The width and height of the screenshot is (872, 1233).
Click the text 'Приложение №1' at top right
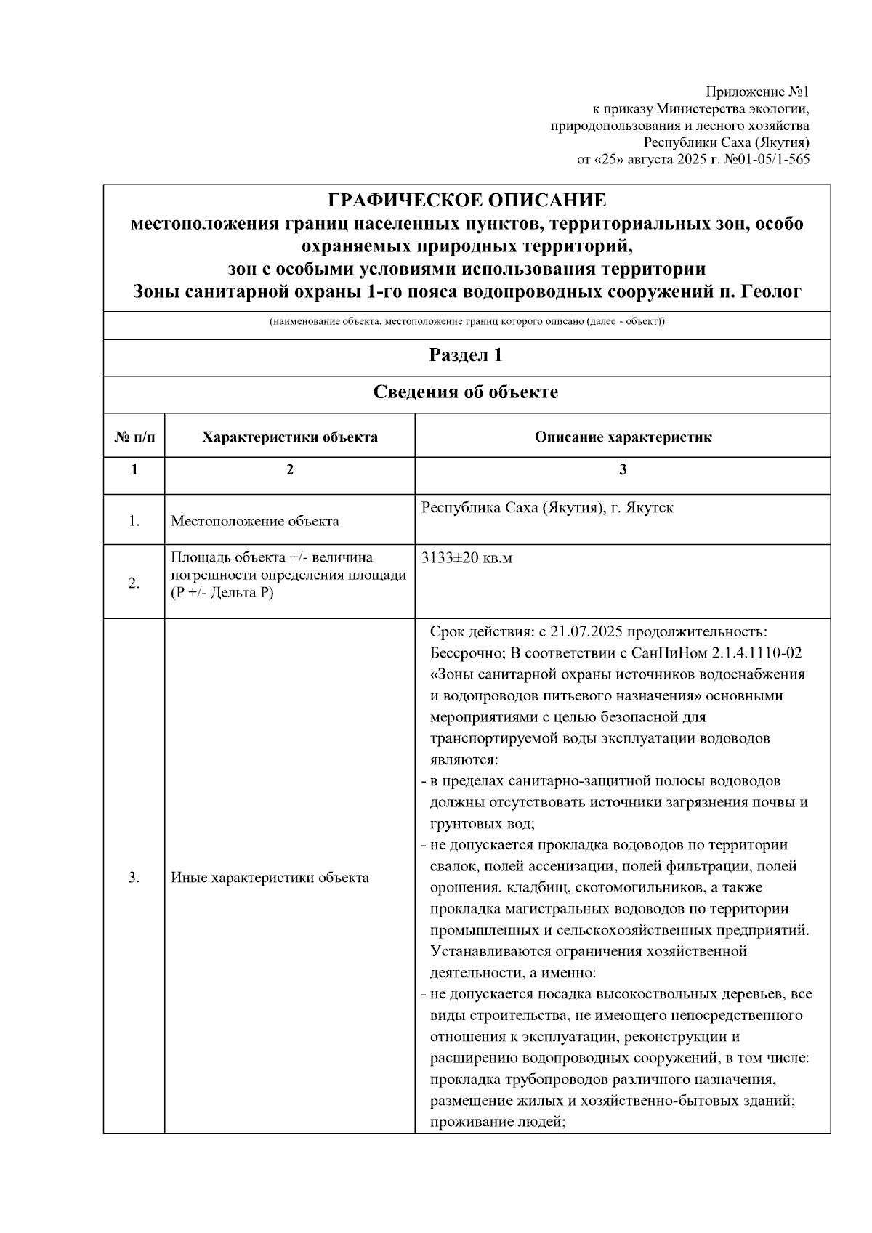(x=758, y=92)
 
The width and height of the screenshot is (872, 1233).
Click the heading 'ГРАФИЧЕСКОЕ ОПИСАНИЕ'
(x=467, y=201)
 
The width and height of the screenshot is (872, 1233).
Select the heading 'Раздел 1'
(x=467, y=355)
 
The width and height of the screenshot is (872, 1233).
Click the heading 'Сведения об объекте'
(x=467, y=392)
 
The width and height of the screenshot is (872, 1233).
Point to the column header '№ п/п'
(x=134, y=437)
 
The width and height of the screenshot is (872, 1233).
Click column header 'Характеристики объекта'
(x=289, y=437)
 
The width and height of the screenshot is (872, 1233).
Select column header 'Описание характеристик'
(x=623, y=437)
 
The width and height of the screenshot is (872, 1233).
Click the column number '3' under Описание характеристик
(x=623, y=470)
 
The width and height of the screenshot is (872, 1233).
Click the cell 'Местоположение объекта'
(x=254, y=521)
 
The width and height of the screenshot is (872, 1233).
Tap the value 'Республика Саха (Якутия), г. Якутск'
(x=547, y=507)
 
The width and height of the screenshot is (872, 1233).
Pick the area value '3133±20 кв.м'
(x=467, y=558)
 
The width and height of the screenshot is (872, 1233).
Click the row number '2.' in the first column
(x=134, y=583)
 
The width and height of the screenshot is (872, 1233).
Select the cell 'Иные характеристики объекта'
(x=270, y=878)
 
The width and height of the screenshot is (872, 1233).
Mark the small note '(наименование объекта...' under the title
(x=467, y=321)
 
